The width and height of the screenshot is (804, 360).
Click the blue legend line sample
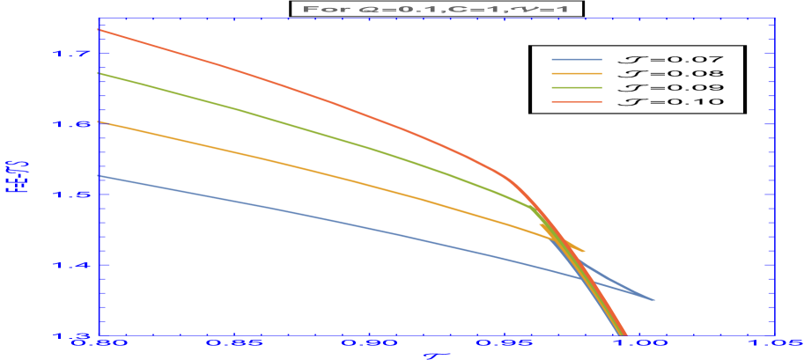577,60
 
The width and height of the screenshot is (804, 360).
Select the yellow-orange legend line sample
577,74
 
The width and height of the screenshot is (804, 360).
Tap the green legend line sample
577,88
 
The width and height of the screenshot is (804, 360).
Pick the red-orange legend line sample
577,102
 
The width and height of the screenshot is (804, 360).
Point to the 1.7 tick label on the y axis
71,54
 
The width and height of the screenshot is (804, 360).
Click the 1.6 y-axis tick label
71,124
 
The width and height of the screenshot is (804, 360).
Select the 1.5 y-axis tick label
71,195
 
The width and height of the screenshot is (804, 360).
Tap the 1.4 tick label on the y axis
71,265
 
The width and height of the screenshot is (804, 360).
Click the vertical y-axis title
12,180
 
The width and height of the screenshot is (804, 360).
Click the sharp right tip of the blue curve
655,300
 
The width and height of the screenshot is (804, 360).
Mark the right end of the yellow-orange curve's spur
585,252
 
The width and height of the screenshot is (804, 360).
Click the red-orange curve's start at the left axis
99,29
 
